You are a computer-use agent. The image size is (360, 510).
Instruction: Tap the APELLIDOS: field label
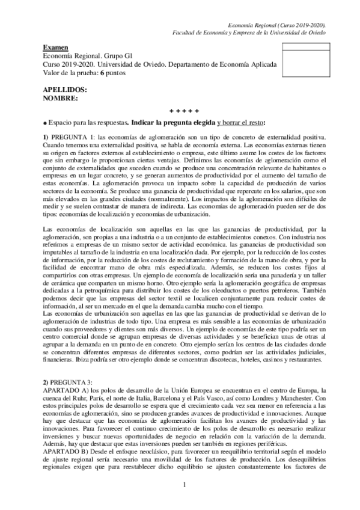[x=65, y=89]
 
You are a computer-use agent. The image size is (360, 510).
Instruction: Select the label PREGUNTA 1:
[x=72, y=137]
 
